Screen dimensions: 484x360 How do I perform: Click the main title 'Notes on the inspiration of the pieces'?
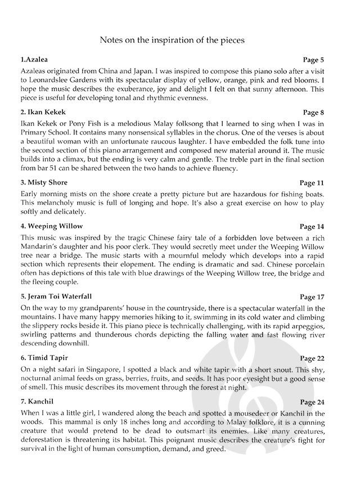(179, 41)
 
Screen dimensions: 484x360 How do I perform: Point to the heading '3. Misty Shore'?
(44, 182)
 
